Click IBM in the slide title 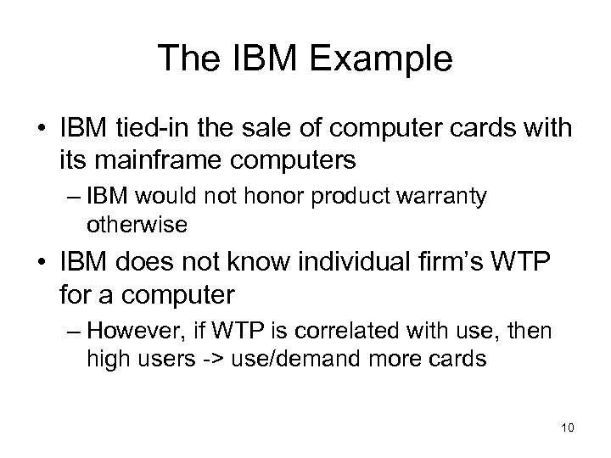[248, 59]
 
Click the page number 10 [567, 427]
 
